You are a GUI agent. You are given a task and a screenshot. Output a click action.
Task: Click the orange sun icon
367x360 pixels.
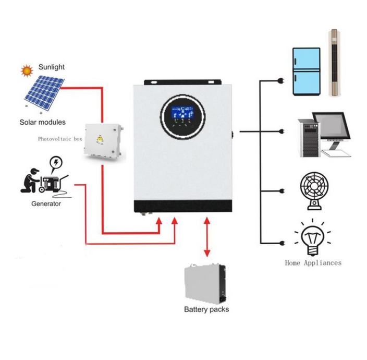coord(25,70)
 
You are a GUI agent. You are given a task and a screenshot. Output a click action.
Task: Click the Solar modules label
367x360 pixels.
coord(43,122)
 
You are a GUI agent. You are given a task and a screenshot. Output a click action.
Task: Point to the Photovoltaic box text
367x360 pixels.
coord(60,139)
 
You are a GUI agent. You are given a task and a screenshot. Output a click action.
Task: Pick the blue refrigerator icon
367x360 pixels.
coord(306,71)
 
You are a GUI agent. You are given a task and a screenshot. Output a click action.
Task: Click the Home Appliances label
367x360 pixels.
coord(313,263)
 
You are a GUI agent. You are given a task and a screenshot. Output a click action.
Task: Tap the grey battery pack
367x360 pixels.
coord(206,283)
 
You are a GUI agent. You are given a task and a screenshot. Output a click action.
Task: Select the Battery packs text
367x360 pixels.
coord(206,309)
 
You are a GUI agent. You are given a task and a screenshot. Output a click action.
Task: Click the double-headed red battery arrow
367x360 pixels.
coord(207,237)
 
